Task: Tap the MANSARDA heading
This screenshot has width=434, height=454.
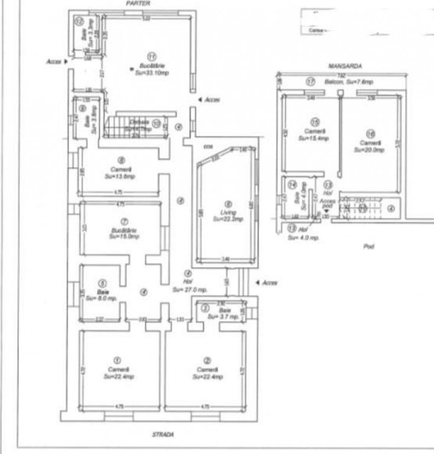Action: [345, 67]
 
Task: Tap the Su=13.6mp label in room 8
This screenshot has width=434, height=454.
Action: [120, 176]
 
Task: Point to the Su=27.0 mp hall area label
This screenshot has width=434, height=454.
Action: [190, 290]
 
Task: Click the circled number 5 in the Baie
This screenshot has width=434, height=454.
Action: [102, 283]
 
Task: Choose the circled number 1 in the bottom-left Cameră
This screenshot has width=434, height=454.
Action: [117, 359]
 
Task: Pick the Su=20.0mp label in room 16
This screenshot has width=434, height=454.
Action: [370, 150]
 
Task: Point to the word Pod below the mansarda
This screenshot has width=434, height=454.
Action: [371, 246]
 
